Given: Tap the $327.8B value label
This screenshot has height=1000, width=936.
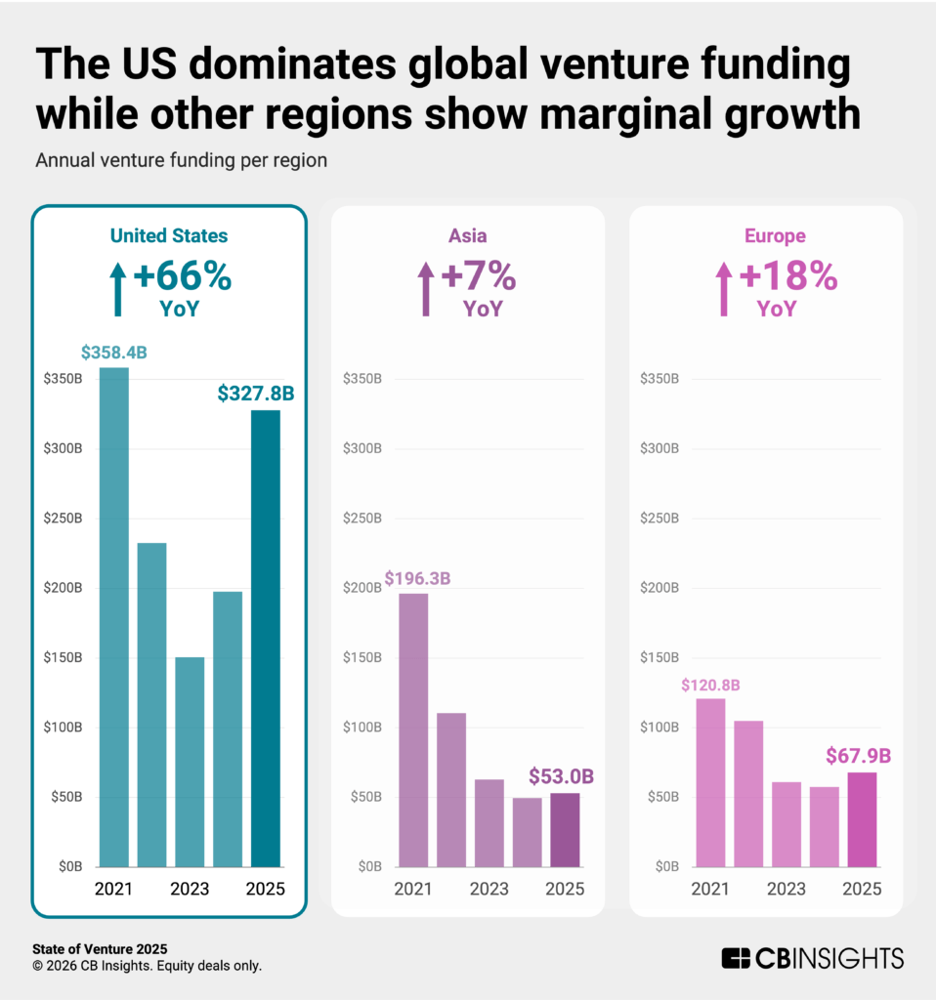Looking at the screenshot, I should (x=255, y=394).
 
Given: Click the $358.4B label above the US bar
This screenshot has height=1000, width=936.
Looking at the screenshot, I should (x=113, y=353).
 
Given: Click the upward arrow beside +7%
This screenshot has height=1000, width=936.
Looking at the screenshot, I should (x=425, y=289).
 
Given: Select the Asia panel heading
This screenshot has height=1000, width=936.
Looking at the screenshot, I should (x=468, y=235).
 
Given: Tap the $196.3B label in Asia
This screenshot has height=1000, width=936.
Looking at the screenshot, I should (x=417, y=578).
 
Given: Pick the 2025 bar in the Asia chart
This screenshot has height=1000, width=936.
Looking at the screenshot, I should (x=565, y=830).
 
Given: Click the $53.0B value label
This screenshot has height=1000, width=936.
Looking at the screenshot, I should (x=561, y=777).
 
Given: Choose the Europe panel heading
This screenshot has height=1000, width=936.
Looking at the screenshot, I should (x=765, y=235).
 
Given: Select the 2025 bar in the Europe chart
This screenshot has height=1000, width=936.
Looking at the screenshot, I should (x=862, y=819).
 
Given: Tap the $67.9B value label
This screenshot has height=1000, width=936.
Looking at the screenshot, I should (x=859, y=756).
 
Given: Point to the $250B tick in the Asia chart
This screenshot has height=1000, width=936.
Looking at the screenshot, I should (x=362, y=519).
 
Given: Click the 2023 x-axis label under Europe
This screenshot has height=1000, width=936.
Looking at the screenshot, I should (x=787, y=889).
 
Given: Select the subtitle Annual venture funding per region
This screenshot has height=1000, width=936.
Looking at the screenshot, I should (x=181, y=160).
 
